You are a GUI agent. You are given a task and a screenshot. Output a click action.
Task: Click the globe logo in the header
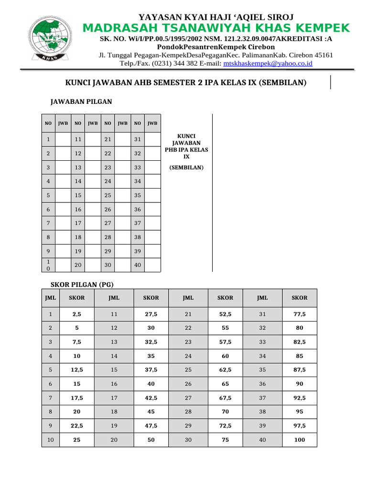coord(48,40)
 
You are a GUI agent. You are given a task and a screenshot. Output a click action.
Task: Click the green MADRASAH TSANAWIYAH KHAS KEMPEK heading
coord(216,28)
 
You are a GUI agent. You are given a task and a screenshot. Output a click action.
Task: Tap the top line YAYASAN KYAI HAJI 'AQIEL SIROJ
coord(216,17)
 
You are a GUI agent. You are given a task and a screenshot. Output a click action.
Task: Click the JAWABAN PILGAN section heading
coord(81,101)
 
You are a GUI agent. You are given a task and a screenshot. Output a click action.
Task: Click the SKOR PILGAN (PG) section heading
coord(82,284)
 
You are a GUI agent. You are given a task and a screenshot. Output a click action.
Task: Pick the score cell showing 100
coord(299,440)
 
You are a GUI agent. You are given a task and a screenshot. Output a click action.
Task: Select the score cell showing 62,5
coord(225,370)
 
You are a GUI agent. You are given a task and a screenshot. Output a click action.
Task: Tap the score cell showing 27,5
coord(151,314)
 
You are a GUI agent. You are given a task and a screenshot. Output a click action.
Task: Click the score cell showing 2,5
coord(76,314)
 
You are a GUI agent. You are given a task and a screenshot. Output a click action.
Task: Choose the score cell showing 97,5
coord(299,425)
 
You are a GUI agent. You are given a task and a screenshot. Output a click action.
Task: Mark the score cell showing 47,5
coord(151,425)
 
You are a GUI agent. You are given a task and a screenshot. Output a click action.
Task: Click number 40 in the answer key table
coord(138,265)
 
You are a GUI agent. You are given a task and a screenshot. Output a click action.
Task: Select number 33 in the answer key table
coord(138,167)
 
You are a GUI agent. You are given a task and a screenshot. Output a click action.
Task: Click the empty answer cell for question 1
coord(63,140)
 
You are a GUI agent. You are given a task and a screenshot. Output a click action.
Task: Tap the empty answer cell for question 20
coord(92,265)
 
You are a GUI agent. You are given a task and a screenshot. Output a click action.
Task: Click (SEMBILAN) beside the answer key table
coord(186,167)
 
